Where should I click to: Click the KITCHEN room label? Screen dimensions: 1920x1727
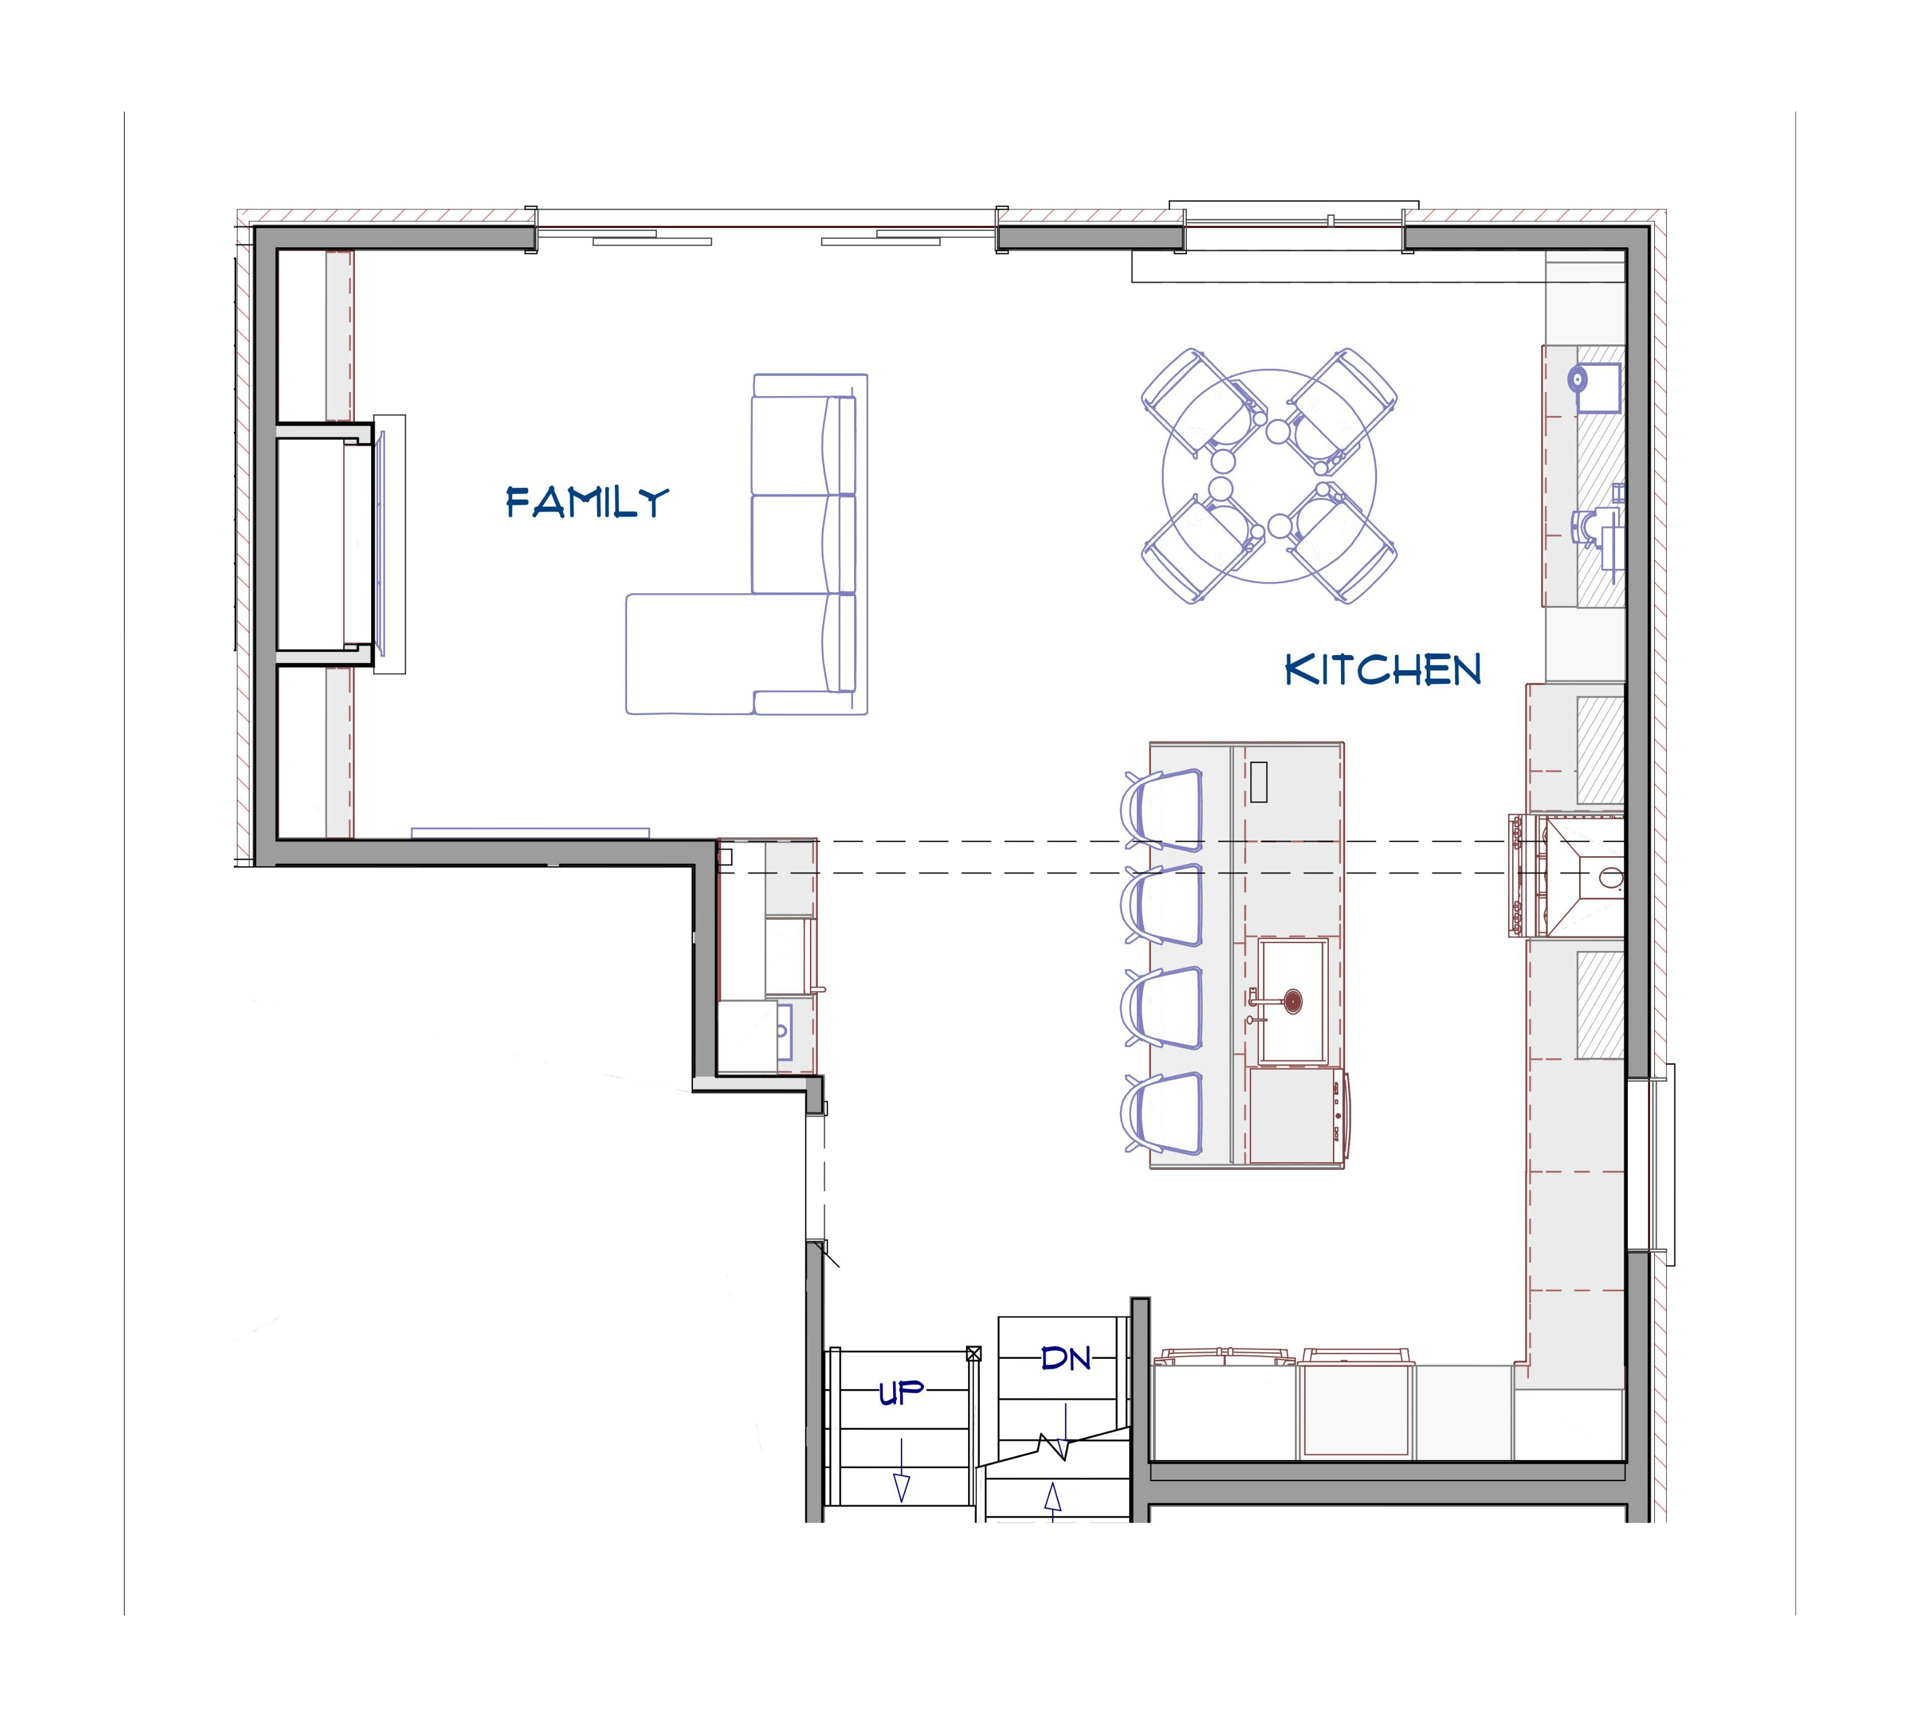click(1383, 670)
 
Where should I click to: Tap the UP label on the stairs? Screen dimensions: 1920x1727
click(901, 1393)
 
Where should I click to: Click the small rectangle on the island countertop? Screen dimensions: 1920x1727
click(1258, 782)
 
